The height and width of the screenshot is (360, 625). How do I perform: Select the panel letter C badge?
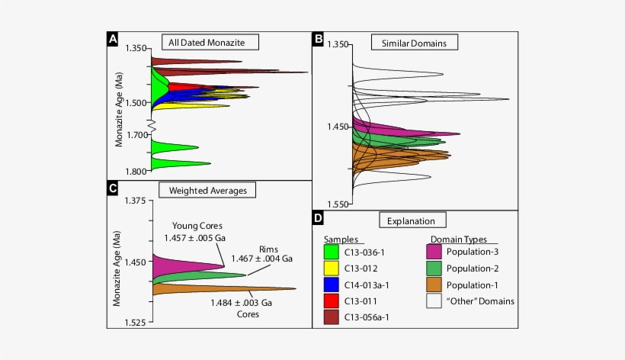[x=113, y=187]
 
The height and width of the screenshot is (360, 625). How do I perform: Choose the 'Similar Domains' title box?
[x=415, y=42]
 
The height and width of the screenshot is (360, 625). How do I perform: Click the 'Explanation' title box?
[x=415, y=220]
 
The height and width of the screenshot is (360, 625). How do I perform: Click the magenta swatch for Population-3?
[x=435, y=249]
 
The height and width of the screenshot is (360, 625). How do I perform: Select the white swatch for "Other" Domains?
[x=435, y=301]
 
